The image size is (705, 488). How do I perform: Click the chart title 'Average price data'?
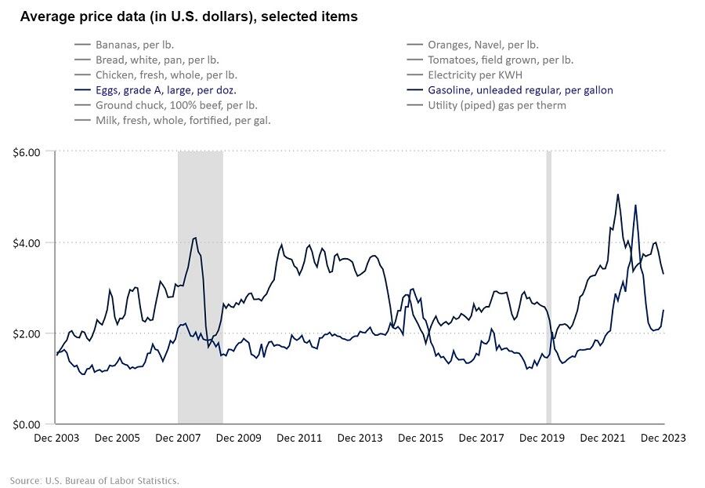coord(189,16)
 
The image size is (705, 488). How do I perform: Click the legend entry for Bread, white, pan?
coord(157,60)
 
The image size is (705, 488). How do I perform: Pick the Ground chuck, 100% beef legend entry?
coord(176,105)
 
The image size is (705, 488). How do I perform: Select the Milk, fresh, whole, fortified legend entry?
coord(183,120)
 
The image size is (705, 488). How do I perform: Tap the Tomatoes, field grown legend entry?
coord(500,60)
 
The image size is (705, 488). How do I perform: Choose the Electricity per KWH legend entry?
coord(480,75)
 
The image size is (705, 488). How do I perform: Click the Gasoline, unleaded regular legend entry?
coord(520,90)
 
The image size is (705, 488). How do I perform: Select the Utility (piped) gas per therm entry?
coord(497,105)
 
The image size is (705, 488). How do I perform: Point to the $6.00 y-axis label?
coord(27,151)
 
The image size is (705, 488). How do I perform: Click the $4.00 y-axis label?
coord(27,242)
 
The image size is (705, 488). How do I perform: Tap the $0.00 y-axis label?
coord(27,424)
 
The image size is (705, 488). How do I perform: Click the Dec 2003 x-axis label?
coord(56,438)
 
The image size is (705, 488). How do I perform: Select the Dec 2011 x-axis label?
coord(299,438)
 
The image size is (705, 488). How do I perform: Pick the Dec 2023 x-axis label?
coord(663,438)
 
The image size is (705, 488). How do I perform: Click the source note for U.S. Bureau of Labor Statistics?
coord(95,480)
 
